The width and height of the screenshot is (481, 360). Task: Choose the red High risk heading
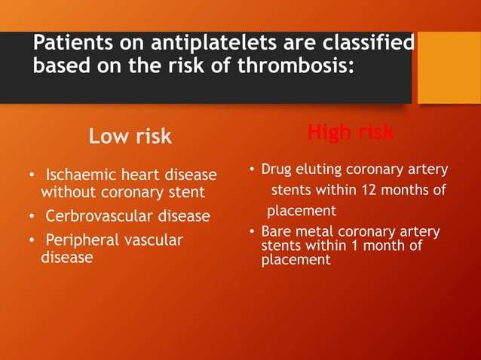pyautogui.click(x=350, y=133)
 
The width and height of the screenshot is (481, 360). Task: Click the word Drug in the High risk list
pyautogui.click(x=277, y=169)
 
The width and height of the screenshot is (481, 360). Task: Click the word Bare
pyautogui.click(x=276, y=231)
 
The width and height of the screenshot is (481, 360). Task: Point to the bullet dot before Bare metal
pyautogui.click(x=253, y=232)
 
